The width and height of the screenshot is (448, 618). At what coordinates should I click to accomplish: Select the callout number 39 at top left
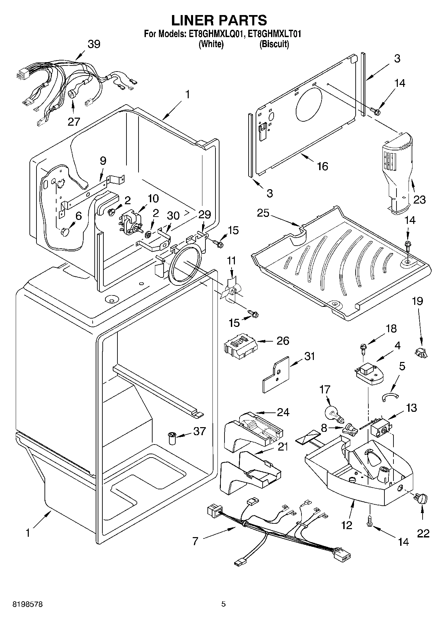[94, 44]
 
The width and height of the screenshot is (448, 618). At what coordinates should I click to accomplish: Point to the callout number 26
[283, 341]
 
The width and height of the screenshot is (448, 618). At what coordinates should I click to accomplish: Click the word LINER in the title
[192, 20]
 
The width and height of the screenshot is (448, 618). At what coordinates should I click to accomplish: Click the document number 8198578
[27, 604]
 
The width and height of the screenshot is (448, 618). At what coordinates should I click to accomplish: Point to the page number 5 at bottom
[223, 604]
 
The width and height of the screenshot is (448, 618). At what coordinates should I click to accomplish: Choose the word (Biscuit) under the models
[274, 44]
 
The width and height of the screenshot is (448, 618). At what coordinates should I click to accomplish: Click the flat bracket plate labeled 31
[276, 375]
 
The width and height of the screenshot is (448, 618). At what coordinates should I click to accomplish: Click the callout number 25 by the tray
[263, 213]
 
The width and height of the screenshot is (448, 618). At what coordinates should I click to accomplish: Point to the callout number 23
[419, 200]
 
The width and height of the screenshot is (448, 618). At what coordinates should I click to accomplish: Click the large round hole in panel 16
[308, 104]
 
